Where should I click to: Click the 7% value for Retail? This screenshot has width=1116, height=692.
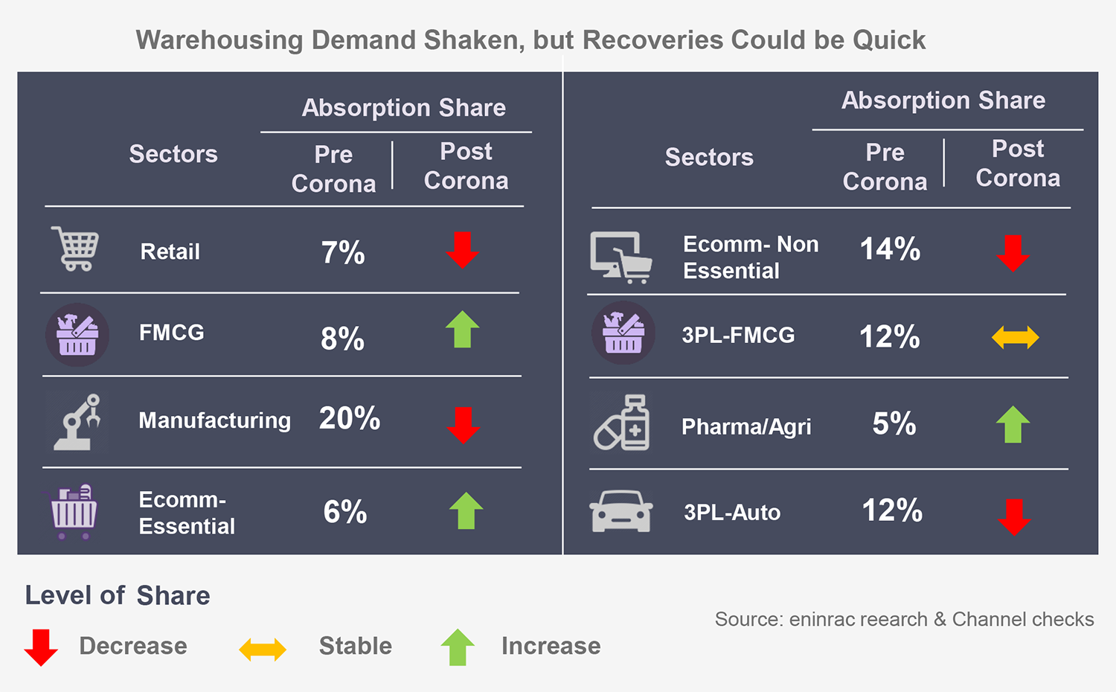(x=343, y=252)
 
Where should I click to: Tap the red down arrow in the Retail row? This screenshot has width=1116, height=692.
(x=462, y=250)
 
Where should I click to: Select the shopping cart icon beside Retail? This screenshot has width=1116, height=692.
(x=75, y=249)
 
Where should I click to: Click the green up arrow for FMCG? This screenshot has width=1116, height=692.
(x=462, y=329)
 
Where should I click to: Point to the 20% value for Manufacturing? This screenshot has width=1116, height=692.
(x=350, y=418)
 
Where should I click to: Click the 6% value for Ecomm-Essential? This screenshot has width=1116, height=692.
(x=345, y=512)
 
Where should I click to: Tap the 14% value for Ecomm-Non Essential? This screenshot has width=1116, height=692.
(x=890, y=249)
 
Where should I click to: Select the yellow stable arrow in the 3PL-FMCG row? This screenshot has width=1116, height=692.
(x=1015, y=337)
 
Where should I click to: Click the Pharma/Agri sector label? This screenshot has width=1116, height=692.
(x=746, y=426)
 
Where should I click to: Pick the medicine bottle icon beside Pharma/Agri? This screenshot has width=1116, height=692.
(x=622, y=423)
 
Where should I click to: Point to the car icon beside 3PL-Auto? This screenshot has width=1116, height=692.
(x=621, y=511)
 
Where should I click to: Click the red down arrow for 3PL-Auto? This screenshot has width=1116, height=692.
(x=1014, y=516)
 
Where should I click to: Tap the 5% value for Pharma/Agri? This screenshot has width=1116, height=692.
(x=894, y=424)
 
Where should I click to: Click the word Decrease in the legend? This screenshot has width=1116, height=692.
(x=133, y=646)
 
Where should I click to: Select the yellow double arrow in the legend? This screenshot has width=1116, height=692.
(x=263, y=649)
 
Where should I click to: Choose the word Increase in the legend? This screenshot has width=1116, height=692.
(x=551, y=646)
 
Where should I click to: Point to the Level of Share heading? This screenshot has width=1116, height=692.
(x=118, y=595)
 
